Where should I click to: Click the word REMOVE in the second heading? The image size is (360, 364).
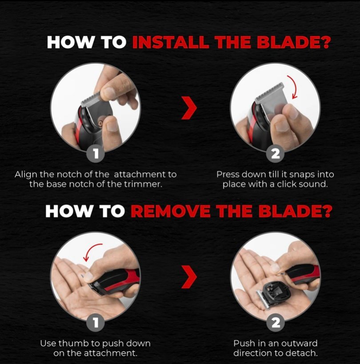(171, 211)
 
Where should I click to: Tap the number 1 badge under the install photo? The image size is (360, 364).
(96, 153)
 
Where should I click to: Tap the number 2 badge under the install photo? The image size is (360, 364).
(275, 153)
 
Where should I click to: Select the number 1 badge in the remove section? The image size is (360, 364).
(96, 322)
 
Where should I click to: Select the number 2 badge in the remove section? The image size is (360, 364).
(275, 323)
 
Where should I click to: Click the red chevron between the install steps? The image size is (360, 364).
(189, 108)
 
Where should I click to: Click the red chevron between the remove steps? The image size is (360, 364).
(189, 277)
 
